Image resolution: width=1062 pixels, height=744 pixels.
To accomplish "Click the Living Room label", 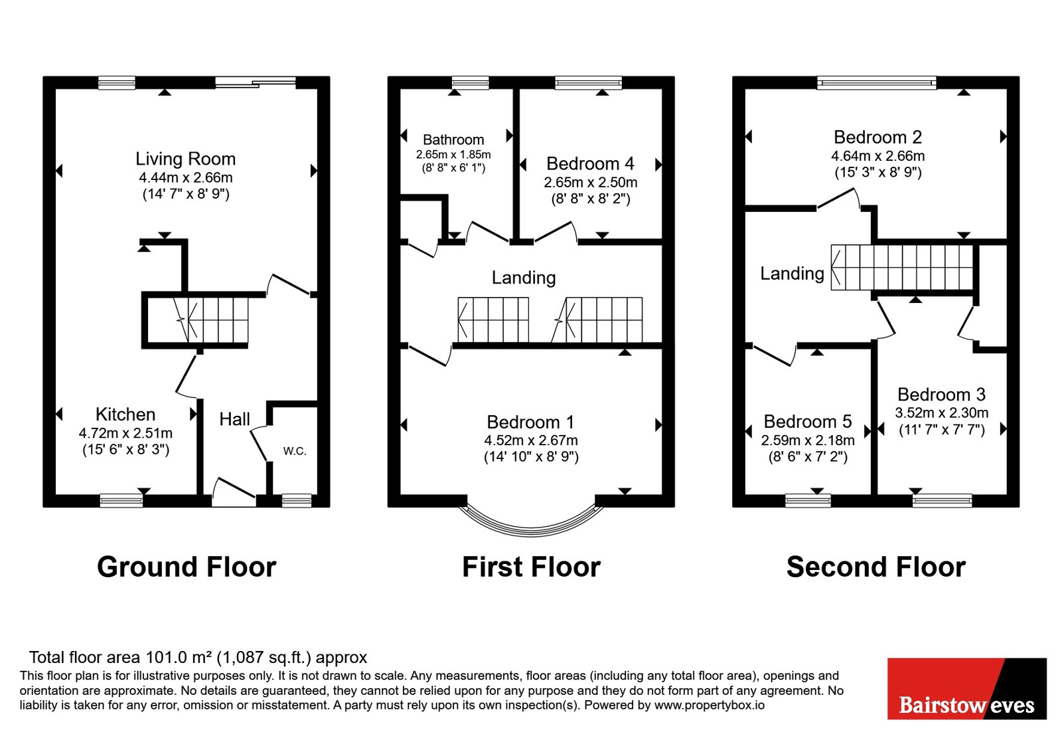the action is point(185,159).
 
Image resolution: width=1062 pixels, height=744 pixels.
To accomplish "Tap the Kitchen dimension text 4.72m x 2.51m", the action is point(125,433).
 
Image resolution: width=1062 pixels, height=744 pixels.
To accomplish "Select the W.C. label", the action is point(295,451).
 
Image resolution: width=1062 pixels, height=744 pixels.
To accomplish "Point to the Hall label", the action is point(235,419).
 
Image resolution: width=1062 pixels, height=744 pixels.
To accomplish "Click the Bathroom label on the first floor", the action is point(453,139).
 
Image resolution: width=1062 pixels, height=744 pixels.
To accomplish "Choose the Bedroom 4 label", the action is point(590,163).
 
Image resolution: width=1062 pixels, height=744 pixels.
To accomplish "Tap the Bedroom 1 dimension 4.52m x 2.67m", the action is point(531,440).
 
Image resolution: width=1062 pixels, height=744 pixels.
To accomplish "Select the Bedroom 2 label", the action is point(877,137).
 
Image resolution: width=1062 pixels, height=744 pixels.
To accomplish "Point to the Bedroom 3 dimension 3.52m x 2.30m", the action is point(942,413).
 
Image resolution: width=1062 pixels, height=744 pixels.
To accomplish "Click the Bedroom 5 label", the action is point(808,421).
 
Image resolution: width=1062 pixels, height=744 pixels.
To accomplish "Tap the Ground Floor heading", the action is point(187,567).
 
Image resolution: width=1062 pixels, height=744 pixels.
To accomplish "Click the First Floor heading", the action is point(531,567).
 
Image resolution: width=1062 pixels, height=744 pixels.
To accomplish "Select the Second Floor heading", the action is point(875,567).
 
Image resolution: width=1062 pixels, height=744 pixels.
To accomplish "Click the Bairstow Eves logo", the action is point(966,688).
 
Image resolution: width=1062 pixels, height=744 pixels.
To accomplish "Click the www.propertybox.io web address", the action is point(710,705).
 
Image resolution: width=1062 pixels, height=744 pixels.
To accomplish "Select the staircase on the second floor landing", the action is point(902,268).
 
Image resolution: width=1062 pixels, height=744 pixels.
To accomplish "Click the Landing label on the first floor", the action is point(524,278).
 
